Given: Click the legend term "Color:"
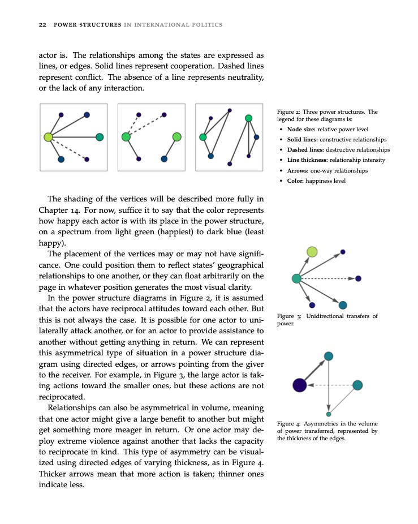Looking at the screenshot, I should click(x=296, y=181).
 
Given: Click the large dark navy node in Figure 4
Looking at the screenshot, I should click(x=300, y=385).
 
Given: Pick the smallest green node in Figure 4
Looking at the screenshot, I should click(x=329, y=414).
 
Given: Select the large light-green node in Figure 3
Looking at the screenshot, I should click(x=312, y=252).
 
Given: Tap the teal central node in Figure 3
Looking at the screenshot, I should click(x=296, y=278).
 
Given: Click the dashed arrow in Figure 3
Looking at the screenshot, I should click(x=328, y=278).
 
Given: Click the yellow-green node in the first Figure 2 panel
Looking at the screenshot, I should click(x=49, y=137).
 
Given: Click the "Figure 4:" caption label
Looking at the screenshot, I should click(x=289, y=423).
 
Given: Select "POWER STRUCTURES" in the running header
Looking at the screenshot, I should click(x=87, y=25).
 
